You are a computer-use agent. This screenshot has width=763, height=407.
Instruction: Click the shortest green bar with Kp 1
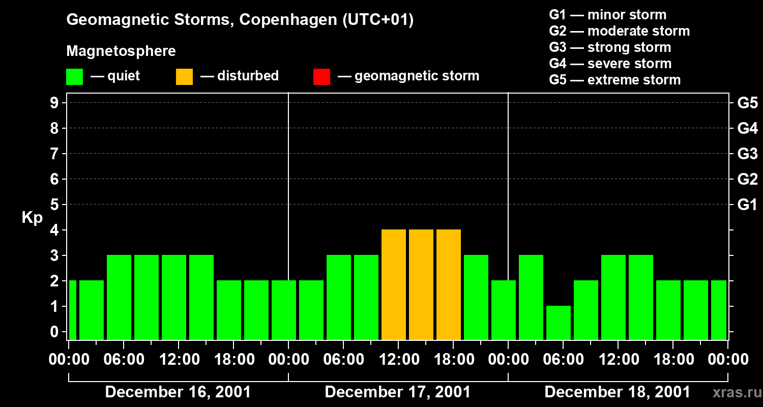[558, 323]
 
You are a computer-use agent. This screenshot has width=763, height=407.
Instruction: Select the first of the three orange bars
[394, 284]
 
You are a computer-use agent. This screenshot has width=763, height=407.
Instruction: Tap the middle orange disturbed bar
[421, 284]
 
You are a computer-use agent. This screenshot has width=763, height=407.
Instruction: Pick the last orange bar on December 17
[449, 284]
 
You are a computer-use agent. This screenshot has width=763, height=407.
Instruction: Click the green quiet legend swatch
[74, 77]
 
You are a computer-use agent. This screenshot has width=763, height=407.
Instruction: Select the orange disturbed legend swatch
[184, 77]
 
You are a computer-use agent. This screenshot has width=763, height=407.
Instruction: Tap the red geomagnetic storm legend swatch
[321, 77]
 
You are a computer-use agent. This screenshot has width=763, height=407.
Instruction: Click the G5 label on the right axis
[747, 103]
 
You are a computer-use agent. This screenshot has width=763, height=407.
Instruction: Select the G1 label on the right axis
[747, 205]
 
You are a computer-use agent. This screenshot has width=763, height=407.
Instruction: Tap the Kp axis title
[32, 218]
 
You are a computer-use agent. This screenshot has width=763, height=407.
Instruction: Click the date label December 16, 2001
[178, 392]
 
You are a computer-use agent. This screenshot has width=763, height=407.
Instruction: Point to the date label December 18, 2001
[618, 392]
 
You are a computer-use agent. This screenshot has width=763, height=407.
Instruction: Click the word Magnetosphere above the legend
[121, 51]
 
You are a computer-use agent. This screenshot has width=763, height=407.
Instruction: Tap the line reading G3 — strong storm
[610, 47]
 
